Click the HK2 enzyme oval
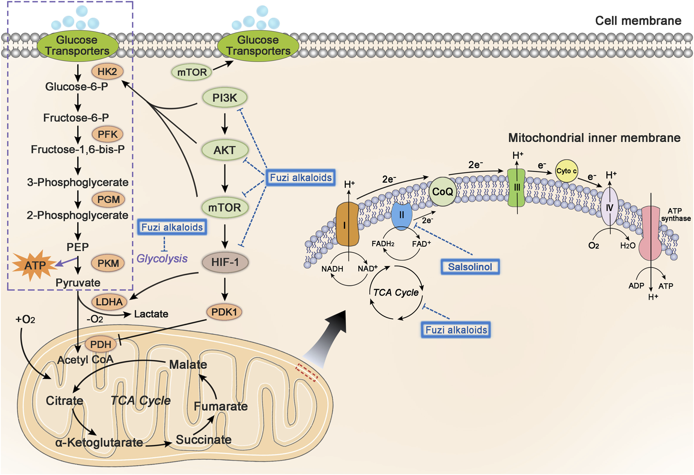107,72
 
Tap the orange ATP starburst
34,266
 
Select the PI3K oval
225,98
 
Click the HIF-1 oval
225,262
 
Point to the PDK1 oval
224,312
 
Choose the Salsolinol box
470,267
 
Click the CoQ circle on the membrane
443,191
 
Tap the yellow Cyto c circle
566,171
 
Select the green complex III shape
517,188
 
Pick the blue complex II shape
401,215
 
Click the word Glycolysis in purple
162,259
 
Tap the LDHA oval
109,302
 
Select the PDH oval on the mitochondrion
101,345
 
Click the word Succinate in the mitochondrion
203,440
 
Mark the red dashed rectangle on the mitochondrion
306,372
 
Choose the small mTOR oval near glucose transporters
192,72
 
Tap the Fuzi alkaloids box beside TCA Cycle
456,330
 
